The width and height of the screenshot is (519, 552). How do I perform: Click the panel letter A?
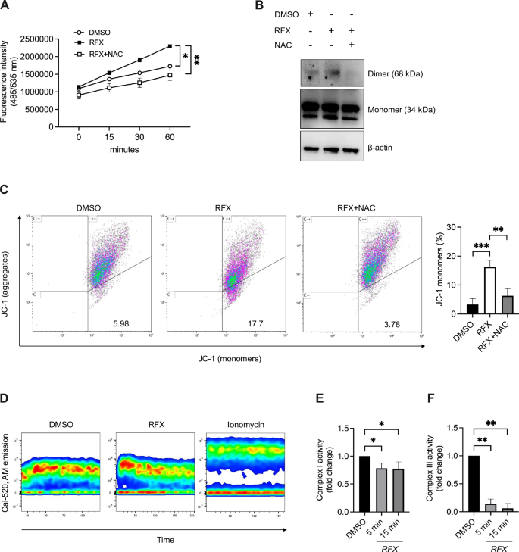click(6, 6)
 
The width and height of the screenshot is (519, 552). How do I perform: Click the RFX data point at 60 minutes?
click(170, 46)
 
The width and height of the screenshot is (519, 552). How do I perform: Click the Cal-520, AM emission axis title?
click(7, 466)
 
